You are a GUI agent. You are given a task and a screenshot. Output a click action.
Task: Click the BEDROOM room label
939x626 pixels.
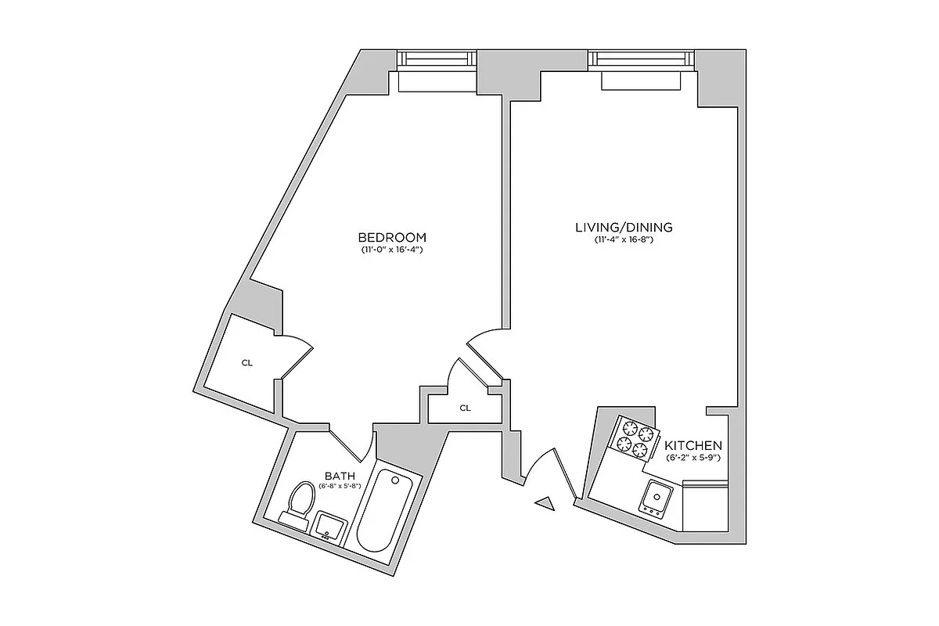(x=391, y=237)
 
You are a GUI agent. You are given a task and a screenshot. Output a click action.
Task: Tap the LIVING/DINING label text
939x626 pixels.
(x=623, y=228)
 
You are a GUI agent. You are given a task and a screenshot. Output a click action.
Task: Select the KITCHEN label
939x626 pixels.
(x=693, y=445)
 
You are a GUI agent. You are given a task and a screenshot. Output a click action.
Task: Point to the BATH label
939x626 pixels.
(x=340, y=476)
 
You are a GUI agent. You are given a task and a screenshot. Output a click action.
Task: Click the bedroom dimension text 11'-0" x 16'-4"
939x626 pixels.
(x=391, y=250)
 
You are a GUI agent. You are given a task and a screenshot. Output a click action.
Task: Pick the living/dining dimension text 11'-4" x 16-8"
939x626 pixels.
(x=623, y=240)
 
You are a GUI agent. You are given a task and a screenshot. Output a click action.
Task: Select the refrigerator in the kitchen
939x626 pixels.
(x=706, y=506)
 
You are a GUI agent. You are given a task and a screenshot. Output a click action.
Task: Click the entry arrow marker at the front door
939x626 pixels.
(x=545, y=502)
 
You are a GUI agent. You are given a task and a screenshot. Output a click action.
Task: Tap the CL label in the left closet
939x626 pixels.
(x=247, y=363)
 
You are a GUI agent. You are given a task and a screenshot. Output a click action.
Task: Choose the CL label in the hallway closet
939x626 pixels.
(x=466, y=408)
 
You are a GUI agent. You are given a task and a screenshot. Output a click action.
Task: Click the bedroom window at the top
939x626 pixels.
(x=437, y=59)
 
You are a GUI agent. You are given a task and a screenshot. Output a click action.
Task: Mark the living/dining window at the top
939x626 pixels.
(x=642, y=59)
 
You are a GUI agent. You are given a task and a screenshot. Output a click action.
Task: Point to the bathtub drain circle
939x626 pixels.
(x=395, y=479)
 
